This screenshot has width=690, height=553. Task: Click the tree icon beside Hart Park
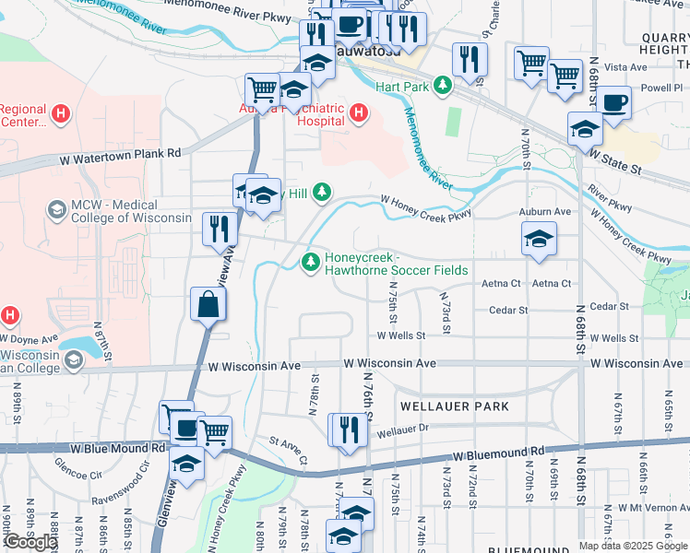443,86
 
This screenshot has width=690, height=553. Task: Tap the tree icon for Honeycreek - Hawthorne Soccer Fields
311,264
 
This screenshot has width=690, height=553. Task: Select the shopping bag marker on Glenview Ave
208,305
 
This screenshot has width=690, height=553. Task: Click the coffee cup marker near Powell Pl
613,103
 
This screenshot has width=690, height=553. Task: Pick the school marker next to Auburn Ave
539,241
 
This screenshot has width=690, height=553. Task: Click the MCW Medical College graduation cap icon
57,210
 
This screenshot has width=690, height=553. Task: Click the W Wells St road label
400,336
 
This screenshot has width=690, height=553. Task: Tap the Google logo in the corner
30,542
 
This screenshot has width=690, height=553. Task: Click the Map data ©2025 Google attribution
632,546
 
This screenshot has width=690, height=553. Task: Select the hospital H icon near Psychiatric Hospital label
359,114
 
